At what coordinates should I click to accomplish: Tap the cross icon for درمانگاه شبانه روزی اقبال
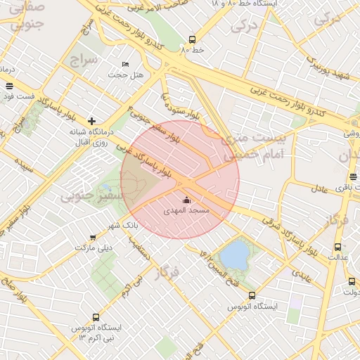pyautogui.click(x=91, y=121)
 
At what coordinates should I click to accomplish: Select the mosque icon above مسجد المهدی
pyautogui.click(x=186, y=200)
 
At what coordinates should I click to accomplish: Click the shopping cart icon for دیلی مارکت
pyautogui.click(x=93, y=238)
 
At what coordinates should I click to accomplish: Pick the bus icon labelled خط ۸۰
pyautogui.click(x=193, y=40)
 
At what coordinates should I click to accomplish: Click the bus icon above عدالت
pyautogui.click(x=338, y=247)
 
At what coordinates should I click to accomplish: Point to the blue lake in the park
pyautogui.click(x=235, y=253)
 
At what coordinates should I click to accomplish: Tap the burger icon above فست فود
pyautogui.click(x=8, y=86)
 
